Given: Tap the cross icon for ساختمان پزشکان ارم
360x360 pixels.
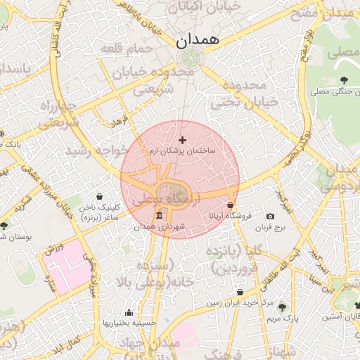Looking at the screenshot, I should pyautogui.click(x=184, y=141).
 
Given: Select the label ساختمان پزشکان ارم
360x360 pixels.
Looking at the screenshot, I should pyautogui.click(x=184, y=151).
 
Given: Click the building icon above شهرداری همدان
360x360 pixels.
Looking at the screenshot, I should pyautogui.click(x=160, y=214).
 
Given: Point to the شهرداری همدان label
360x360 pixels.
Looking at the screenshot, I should pyautogui.click(x=159, y=226).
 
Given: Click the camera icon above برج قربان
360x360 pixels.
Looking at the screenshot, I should pyautogui.click(x=271, y=216).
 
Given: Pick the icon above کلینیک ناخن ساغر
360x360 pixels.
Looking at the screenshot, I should pyautogui.click(x=99, y=196).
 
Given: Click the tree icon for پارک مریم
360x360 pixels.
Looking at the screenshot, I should pyautogui.click(x=282, y=307).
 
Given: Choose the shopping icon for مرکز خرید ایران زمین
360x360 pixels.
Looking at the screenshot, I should pyautogui.click(x=240, y=291).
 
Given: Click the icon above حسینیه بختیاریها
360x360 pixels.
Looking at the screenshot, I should pyautogui.click(x=128, y=313).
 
